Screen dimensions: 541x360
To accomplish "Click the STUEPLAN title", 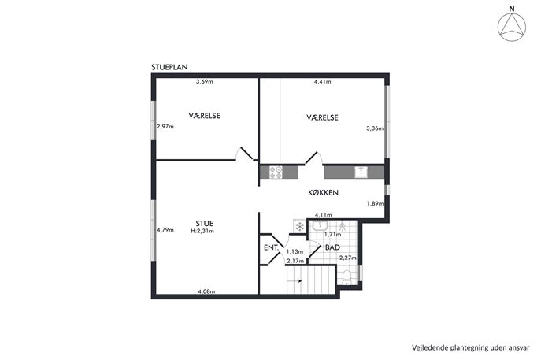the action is (169, 67).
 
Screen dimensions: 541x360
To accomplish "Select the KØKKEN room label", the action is (324, 192).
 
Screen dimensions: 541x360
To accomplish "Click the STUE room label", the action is (204, 223).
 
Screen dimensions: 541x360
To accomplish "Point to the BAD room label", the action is (332, 247).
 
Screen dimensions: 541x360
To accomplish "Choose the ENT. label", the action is (271, 248).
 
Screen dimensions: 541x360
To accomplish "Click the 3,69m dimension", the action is (205, 82).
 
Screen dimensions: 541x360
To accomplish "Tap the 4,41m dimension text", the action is (322, 82).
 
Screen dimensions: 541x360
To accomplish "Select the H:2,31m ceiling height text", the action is (202, 231).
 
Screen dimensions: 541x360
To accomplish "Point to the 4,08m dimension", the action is (206, 291).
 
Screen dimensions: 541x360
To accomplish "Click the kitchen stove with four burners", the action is (276, 173).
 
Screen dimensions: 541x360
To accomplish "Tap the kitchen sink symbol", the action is (361, 172).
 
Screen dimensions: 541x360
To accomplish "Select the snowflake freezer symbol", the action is (300, 226).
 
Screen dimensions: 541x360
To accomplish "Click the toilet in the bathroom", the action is (346, 277).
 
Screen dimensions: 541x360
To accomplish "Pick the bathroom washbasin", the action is (321, 226).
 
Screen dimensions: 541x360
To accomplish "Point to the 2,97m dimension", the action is (165, 126).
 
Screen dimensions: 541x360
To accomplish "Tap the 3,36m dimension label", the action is (375, 128).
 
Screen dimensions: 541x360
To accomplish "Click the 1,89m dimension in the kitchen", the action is (375, 204).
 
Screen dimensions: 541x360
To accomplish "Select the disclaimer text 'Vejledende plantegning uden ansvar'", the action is (471, 347).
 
